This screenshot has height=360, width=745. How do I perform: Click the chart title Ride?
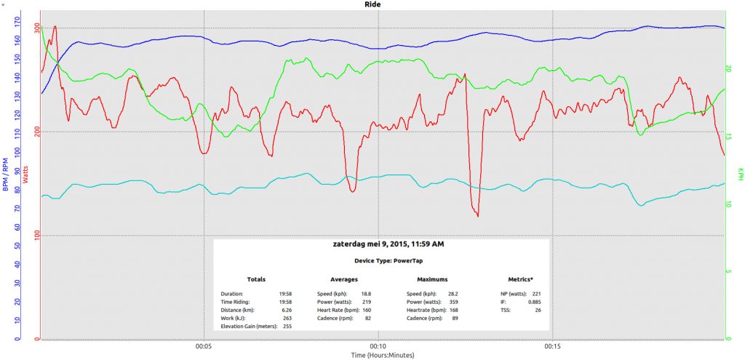point(372,4)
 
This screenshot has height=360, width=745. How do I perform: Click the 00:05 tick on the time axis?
point(204,346)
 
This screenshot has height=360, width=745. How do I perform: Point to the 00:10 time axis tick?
point(378,346)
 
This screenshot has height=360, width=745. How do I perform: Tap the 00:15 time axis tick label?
point(553,346)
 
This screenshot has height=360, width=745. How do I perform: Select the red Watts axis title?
point(27,175)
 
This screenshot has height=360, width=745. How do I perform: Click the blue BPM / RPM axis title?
point(6,175)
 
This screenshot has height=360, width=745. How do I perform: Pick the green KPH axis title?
point(740,175)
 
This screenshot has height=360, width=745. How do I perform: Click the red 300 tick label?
point(35,28)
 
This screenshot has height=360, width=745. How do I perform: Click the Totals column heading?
point(256,279)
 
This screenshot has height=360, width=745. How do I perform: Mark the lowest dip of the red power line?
point(478,216)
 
